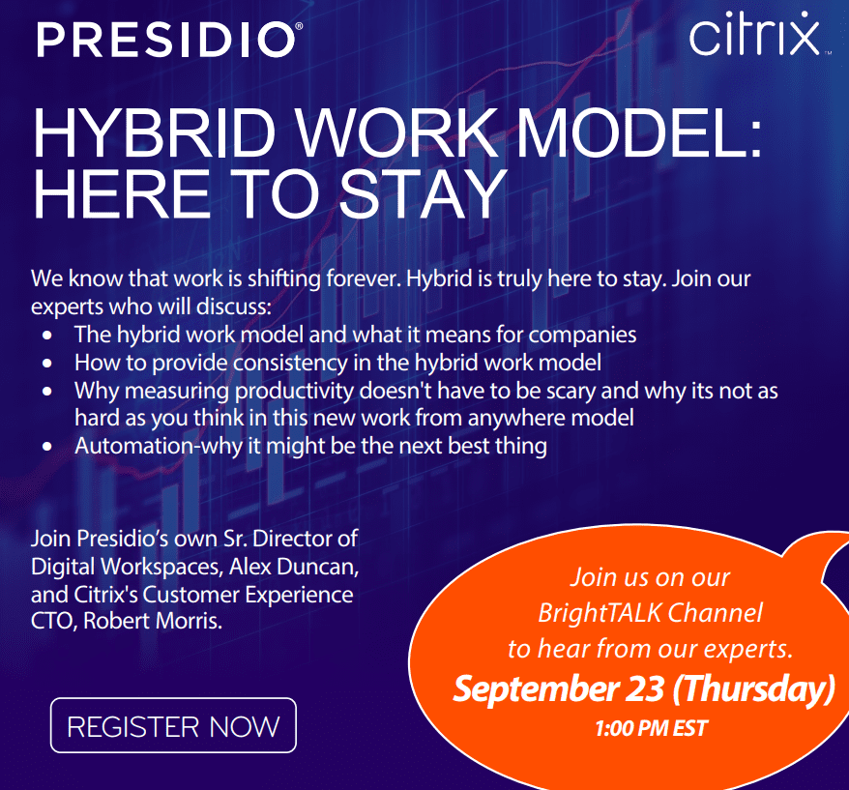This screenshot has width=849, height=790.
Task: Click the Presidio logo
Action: [x=169, y=40]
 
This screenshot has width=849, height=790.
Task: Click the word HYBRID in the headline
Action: [x=155, y=133]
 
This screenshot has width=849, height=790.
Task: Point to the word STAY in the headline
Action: [x=423, y=194]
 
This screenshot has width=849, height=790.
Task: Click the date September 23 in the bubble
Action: [x=558, y=689]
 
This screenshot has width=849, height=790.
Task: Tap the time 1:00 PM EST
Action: [x=652, y=728]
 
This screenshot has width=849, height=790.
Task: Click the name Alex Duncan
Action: [x=294, y=567]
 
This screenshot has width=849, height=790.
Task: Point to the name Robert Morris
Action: [x=153, y=621]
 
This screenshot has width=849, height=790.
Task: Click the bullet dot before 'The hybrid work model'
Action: [x=47, y=336]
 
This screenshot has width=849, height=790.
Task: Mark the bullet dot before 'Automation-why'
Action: [x=47, y=447]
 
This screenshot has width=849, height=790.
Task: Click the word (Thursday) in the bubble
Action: [x=753, y=689]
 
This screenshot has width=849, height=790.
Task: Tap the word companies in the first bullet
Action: [x=582, y=336]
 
